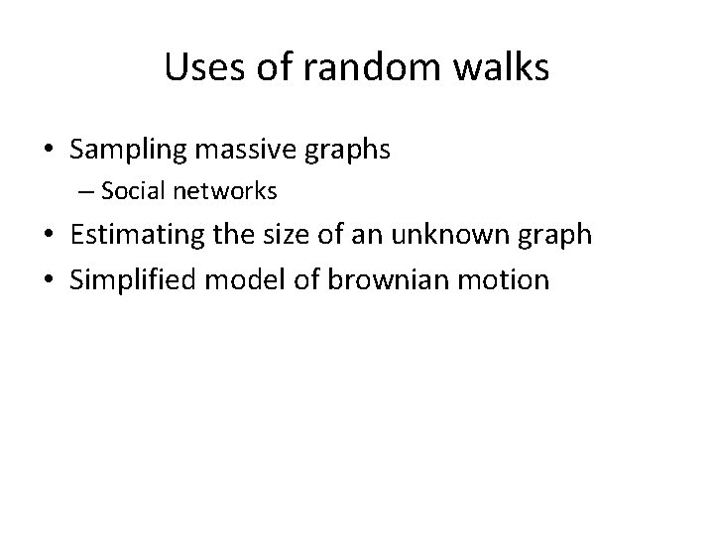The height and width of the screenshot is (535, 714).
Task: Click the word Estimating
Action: (x=138, y=236)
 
